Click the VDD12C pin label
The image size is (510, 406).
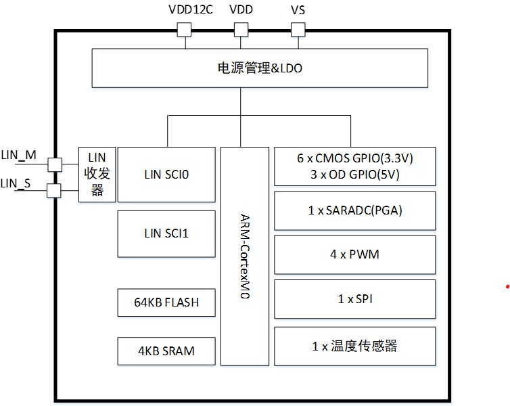[189, 9]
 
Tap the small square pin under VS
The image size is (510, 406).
[298, 29]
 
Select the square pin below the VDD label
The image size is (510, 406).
[241, 29]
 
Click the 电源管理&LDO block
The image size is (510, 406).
[259, 68]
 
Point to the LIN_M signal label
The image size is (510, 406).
[18, 155]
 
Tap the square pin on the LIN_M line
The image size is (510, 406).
[54, 164]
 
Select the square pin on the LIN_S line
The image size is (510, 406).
[54, 191]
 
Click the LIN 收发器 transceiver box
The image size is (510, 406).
[97, 174]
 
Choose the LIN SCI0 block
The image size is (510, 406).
[166, 174]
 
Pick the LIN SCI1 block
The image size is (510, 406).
[166, 233]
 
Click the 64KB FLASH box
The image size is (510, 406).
[166, 302]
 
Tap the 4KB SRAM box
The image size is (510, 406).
[166, 351]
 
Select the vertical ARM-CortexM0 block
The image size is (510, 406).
[245, 247]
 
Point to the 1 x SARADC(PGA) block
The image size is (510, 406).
[354, 210]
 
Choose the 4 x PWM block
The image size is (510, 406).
[354, 255]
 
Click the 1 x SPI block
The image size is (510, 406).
[354, 299]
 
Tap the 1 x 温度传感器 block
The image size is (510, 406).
[354, 346]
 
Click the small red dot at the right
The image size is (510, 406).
[507, 287]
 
